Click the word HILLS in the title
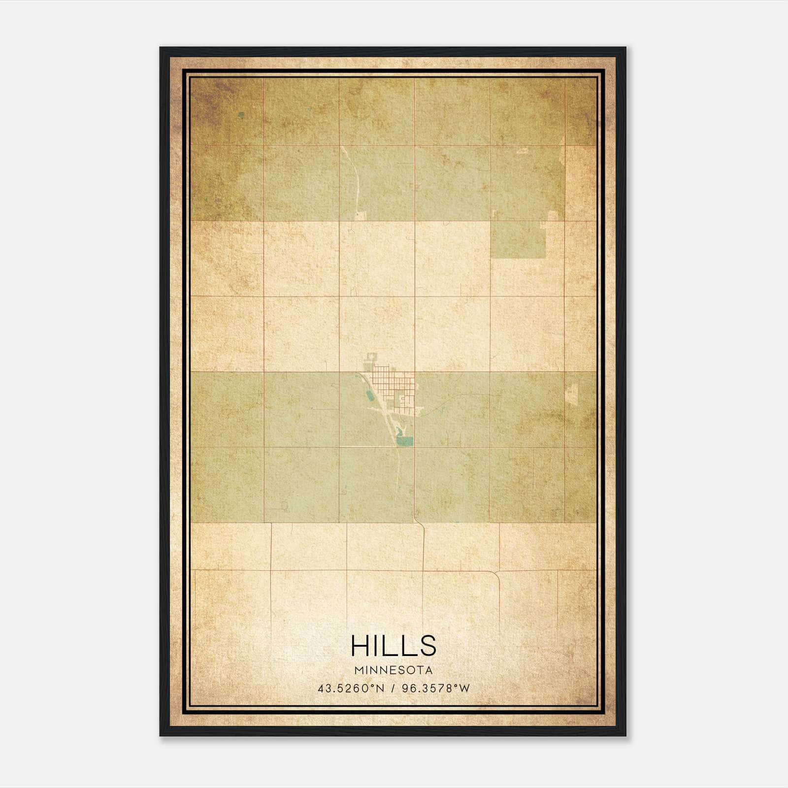394,645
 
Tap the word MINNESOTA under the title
394,670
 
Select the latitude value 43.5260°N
350,689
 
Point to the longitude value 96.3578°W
436,689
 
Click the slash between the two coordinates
393,689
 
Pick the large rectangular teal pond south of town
406,441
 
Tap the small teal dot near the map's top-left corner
241,115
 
